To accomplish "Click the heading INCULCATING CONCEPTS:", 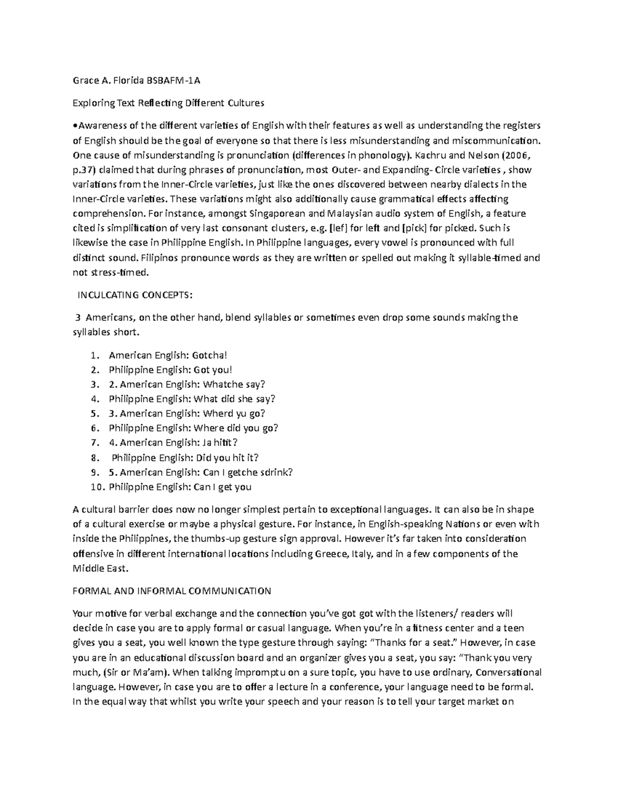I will click(135, 295).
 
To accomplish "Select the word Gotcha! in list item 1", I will click(209, 355).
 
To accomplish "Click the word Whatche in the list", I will click(225, 384).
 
